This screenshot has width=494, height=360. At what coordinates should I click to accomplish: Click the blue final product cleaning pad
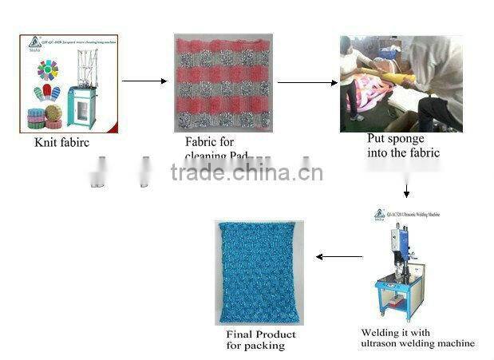point(260,271)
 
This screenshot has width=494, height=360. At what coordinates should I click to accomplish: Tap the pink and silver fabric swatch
point(223,83)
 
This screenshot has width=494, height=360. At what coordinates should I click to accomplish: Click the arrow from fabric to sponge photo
point(306,82)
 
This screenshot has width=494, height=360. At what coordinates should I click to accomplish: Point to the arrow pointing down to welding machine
point(407,191)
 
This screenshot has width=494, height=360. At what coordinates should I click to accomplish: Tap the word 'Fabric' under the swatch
point(200,142)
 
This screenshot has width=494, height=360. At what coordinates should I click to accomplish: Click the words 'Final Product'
point(261,334)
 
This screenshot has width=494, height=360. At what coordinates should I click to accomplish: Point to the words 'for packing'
point(255,346)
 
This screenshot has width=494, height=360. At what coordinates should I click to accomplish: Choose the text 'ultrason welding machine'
point(417,343)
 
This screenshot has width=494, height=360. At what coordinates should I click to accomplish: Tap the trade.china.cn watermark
point(247,172)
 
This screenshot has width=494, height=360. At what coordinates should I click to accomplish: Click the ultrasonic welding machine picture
point(402,263)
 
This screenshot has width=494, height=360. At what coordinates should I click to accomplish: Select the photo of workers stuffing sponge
point(401,84)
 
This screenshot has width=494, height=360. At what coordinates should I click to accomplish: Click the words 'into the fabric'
point(403,152)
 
